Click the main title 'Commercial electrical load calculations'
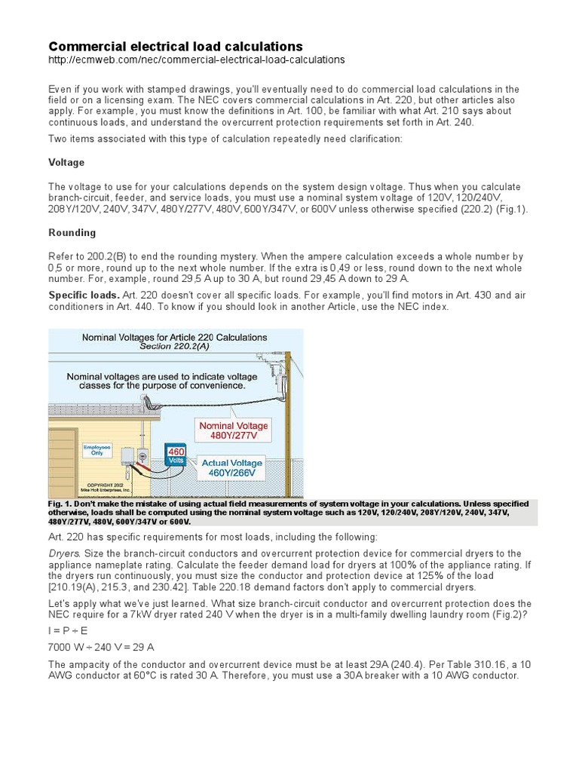tap(176, 47)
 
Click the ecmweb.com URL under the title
tap(197, 60)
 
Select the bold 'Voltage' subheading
tap(66, 162)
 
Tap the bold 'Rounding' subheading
tap(72, 233)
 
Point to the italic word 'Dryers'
tap(63, 553)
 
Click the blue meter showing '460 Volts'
tap(176, 455)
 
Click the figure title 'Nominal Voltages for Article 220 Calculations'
tap(175, 337)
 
